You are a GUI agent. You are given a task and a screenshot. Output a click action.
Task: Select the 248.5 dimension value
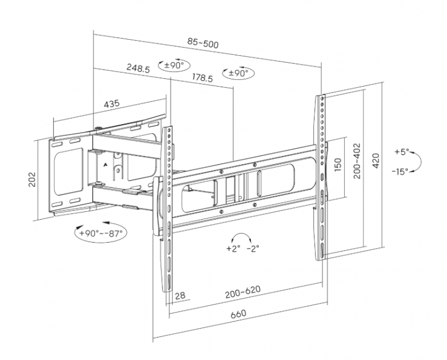[138, 68]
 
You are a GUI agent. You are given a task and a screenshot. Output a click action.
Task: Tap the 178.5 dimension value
[202, 78]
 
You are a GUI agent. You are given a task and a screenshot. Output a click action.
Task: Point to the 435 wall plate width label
[111, 104]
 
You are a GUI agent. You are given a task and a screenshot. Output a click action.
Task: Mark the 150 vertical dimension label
[337, 166]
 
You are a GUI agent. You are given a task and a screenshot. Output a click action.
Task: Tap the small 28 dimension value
[179, 296]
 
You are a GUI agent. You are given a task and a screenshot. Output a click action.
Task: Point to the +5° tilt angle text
[401, 151]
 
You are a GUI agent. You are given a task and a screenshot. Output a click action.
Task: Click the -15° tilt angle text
[400, 170]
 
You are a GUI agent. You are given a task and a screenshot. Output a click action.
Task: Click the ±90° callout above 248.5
[173, 65]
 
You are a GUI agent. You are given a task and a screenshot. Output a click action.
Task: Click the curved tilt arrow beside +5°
[419, 161]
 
